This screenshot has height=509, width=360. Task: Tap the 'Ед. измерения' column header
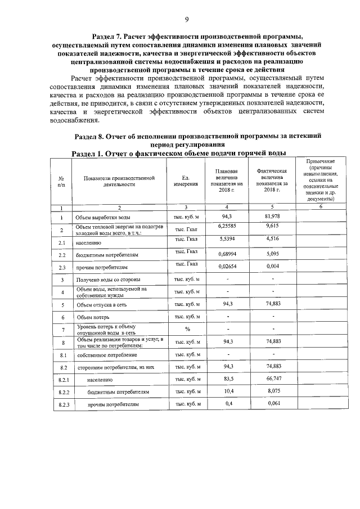[186, 180]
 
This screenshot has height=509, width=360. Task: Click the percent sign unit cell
[187, 329]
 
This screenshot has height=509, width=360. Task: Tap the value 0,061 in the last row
[273, 404]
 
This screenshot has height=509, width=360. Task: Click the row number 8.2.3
[63, 405]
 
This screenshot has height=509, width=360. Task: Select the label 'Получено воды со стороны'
[109, 280]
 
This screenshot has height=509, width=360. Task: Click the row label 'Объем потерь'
[92, 317]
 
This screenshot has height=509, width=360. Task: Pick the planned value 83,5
[228, 380]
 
